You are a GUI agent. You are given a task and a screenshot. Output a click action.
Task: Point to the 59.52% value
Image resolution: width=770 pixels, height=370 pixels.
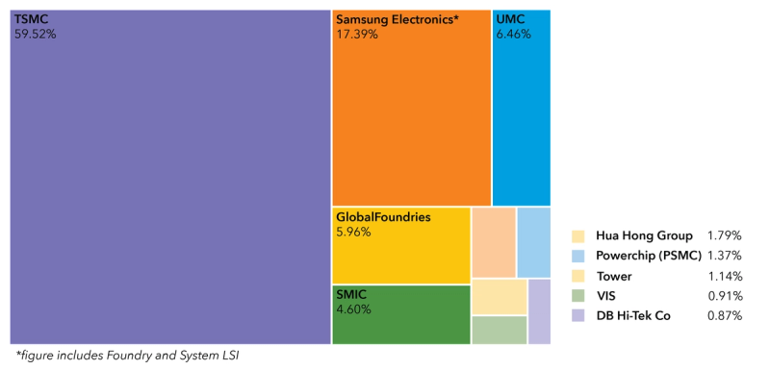(35, 34)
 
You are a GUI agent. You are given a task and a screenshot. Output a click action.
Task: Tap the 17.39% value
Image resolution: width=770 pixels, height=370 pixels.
(357, 34)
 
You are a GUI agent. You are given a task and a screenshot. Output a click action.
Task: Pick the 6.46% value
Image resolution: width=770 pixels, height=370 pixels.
(513, 34)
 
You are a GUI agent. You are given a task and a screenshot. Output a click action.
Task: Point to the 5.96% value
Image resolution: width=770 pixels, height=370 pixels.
(353, 232)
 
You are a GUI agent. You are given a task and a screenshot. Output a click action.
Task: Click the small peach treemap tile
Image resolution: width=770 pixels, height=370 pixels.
(493, 242)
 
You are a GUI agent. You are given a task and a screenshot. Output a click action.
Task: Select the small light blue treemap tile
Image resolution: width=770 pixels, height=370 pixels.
(533, 242)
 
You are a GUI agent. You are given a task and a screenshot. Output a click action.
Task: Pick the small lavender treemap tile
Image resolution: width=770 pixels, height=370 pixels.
(539, 310)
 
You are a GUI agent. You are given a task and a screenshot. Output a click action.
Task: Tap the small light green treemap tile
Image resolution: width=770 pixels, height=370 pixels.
(499, 330)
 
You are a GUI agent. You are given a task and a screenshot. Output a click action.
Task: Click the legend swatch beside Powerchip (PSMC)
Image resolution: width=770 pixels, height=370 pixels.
(578, 256)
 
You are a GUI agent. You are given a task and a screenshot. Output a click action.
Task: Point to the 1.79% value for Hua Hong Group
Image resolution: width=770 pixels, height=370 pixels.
(723, 235)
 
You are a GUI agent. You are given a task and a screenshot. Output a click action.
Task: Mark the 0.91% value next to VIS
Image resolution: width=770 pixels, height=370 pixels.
(723, 296)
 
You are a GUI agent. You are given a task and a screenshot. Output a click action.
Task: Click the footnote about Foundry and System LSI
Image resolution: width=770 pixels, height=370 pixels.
(126, 356)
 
